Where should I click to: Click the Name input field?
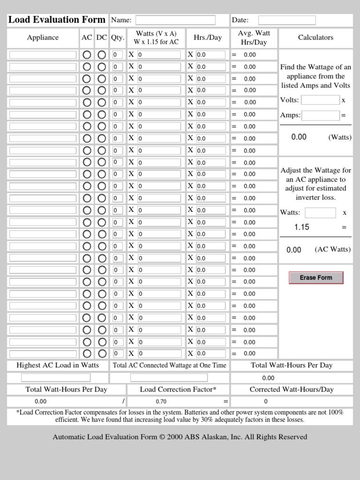pyautogui.click(x=175, y=20)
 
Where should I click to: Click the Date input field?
pyautogui.click(x=287, y=20)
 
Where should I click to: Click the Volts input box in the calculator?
pyautogui.click(x=320, y=100)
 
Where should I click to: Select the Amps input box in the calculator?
pyautogui.click(x=320, y=115)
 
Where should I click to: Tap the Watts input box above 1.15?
pyautogui.click(x=320, y=213)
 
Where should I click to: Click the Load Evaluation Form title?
pyautogui.click(x=57, y=20)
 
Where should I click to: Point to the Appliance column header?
pyautogui.click(x=43, y=37)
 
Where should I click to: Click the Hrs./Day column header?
pyautogui.click(x=208, y=37)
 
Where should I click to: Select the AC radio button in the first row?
pyautogui.click(x=87, y=54)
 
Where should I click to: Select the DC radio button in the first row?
pyautogui.click(x=102, y=54)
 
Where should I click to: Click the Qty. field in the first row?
pyautogui.click(x=118, y=54)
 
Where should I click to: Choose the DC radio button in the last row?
pyautogui.click(x=102, y=353)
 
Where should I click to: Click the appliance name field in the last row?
pyautogui.click(x=43, y=354)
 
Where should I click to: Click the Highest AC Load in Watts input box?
pyautogui.click(x=56, y=378)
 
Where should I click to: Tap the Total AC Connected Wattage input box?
pyautogui.click(x=169, y=378)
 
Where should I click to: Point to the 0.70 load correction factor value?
pyautogui.click(x=161, y=402)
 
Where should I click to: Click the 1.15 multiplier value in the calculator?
pyautogui.click(x=301, y=227)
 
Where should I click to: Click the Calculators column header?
pyautogui.click(x=315, y=37)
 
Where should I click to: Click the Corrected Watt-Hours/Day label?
pyautogui.click(x=292, y=390)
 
